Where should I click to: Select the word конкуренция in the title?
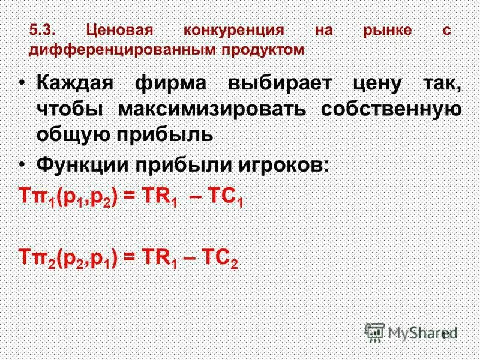pyautogui.click(x=233, y=31)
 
